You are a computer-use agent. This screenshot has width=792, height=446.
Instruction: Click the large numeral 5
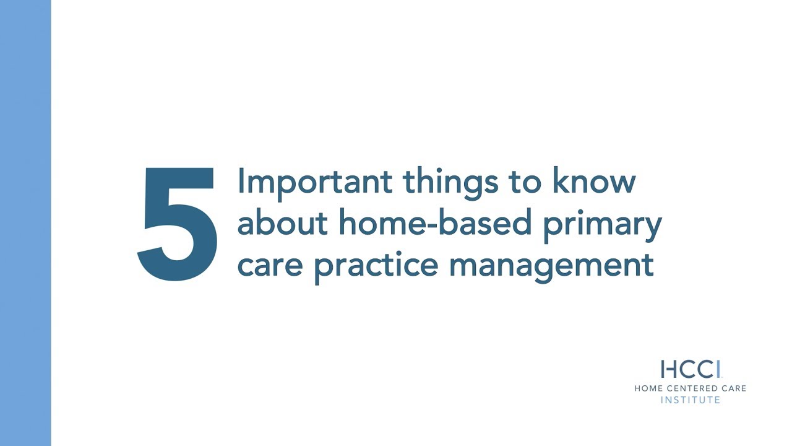click(178, 224)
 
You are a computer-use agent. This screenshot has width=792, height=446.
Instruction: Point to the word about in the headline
click(283, 223)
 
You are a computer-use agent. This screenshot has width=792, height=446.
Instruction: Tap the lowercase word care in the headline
click(269, 265)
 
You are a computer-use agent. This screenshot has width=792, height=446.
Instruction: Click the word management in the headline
click(551, 265)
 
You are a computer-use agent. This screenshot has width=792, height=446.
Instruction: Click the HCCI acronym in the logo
click(690, 369)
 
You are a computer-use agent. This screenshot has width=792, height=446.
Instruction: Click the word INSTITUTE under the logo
click(691, 400)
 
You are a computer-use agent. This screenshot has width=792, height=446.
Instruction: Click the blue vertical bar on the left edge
click(25, 223)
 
